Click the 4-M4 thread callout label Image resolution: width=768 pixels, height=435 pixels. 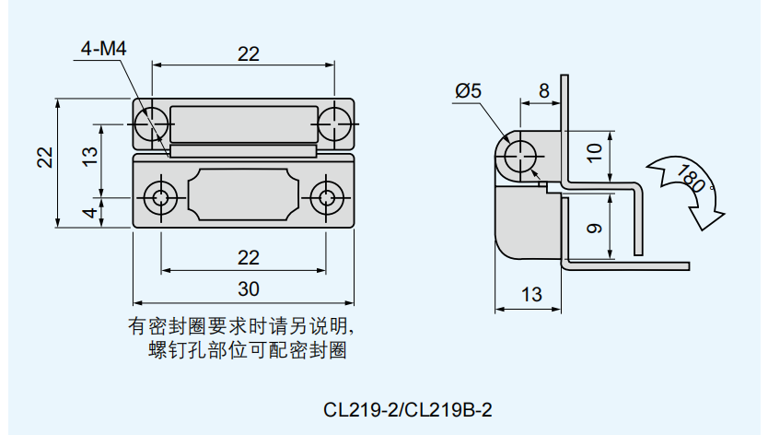(103, 49)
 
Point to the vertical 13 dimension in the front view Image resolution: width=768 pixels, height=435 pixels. (89, 157)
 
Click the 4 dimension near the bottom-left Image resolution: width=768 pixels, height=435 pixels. (89, 213)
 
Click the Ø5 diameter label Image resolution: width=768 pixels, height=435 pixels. (469, 90)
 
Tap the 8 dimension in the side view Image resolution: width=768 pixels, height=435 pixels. (543, 90)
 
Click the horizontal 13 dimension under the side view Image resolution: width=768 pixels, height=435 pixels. (530, 295)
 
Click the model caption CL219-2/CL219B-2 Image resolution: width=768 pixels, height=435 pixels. (409, 407)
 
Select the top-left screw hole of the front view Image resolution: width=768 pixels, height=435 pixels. (153, 122)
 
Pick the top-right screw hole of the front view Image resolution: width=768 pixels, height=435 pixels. (335, 122)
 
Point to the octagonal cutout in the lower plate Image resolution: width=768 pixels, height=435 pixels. (244, 195)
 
